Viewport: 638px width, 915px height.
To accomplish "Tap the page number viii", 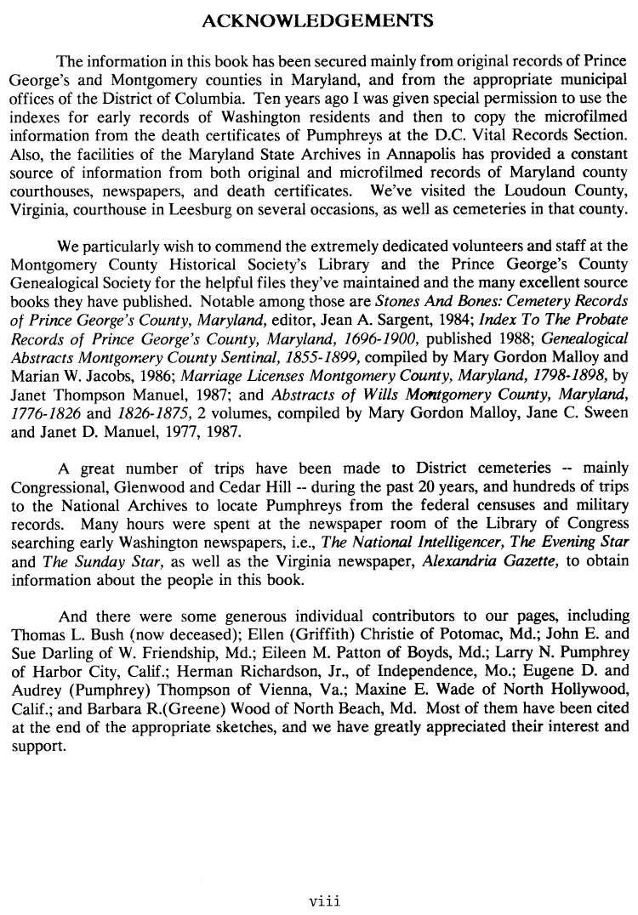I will (x=324, y=898).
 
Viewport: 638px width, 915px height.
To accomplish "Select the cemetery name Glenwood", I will (x=157, y=488).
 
